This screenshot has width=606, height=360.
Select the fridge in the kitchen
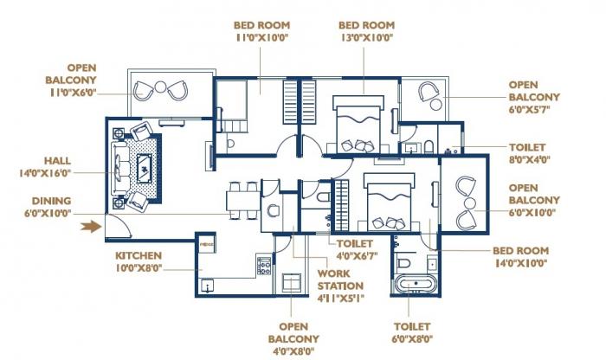(206, 246)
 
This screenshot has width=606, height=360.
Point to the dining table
(242, 200)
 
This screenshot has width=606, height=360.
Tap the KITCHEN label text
(139, 256)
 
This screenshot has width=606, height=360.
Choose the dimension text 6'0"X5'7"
(535, 111)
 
